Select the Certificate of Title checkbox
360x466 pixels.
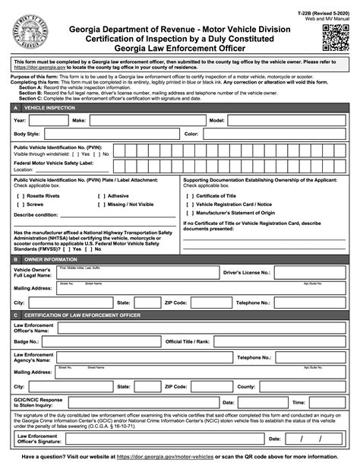[x=189, y=195]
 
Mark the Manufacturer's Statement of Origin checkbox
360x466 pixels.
[x=189, y=213]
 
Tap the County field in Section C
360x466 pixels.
[x=301, y=386]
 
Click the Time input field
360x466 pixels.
[x=327, y=401]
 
